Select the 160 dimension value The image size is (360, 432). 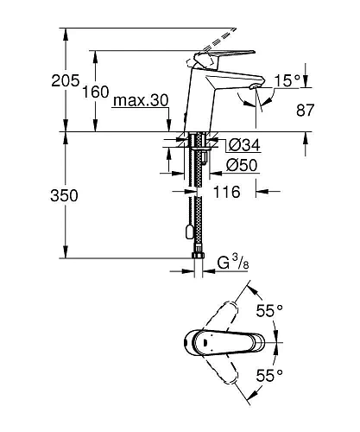coord(96,91)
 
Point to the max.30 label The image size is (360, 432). coord(140,102)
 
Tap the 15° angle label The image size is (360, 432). coord(287,80)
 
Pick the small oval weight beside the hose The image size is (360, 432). coord(187,231)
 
